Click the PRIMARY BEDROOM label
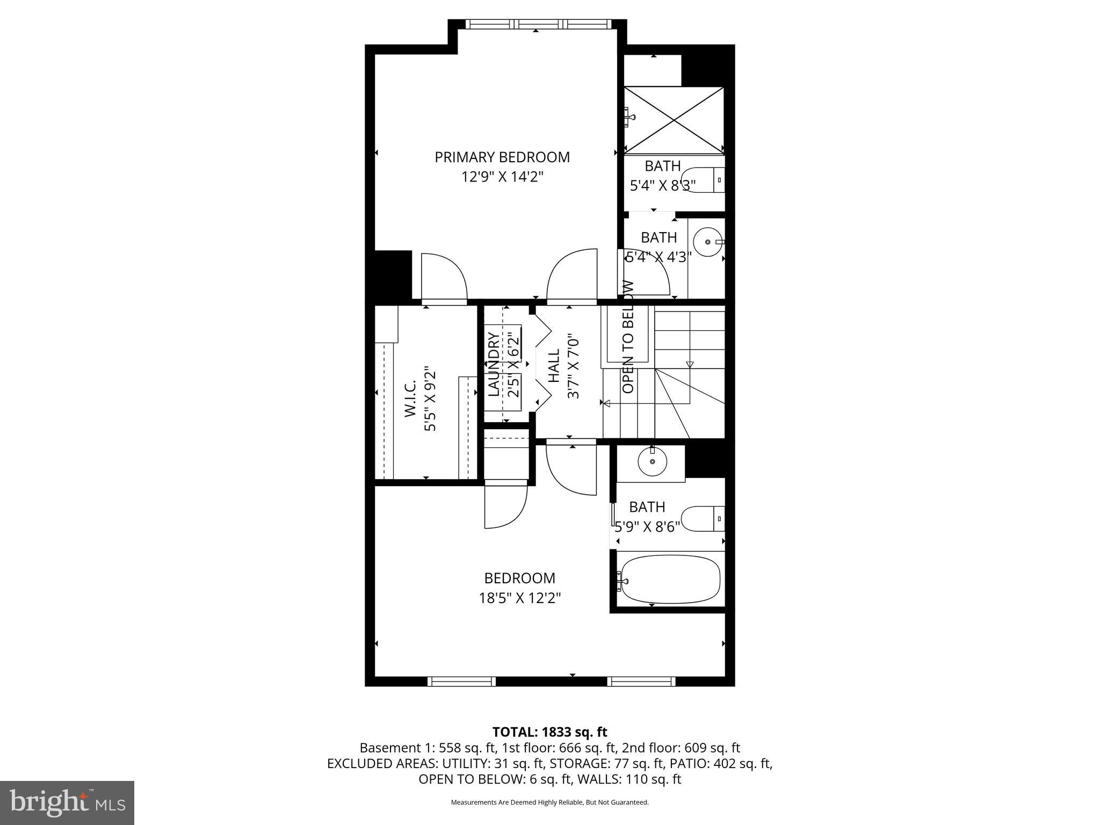(x=502, y=157)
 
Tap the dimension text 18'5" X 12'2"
(x=519, y=598)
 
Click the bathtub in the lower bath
(x=669, y=581)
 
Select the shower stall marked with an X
(x=674, y=121)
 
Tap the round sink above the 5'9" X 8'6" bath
(x=652, y=461)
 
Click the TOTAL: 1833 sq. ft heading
(x=549, y=732)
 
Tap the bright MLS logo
(x=67, y=802)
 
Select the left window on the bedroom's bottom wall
(x=461, y=682)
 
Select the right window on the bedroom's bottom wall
(x=641, y=682)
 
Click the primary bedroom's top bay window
(x=538, y=24)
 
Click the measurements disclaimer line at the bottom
(x=549, y=802)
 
